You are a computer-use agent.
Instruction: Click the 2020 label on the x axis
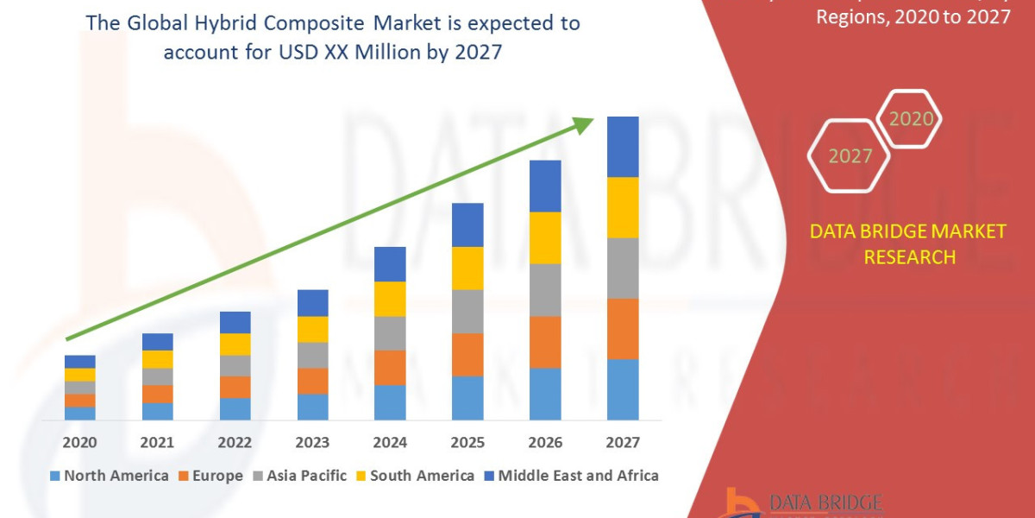click(x=79, y=443)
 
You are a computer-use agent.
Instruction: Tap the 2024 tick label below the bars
click(x=390, y=443)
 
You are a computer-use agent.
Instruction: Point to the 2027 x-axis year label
click(x=623, y=443)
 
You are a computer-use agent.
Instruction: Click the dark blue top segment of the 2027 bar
click(x=623, y=147)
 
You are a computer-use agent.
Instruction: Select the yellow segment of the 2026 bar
click(x=545, y=237)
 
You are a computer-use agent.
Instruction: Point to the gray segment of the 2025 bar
click(x=467, y=311)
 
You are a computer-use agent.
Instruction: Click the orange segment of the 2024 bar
click(x=390, y=368)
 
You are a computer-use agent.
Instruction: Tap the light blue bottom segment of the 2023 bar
click(x=312, y=407)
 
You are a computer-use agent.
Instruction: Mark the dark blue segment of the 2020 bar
click(x=79, y=361)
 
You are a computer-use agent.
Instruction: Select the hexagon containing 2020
click(x=910, y=118)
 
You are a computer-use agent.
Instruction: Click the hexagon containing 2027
click(x=850, y=156)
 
